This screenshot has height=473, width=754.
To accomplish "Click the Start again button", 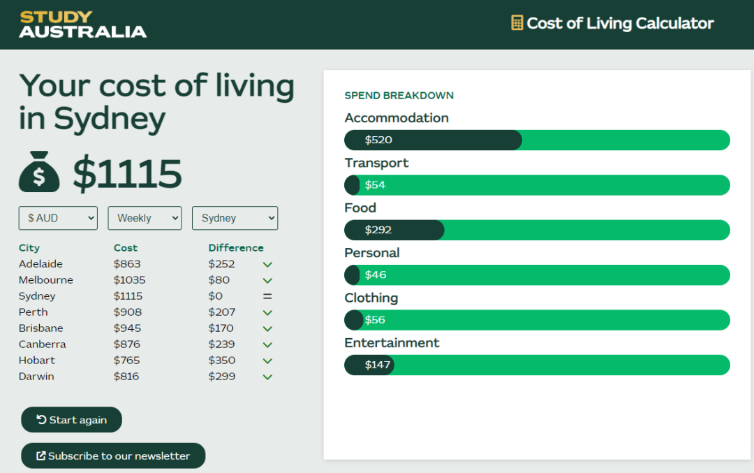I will [x=71, y=420].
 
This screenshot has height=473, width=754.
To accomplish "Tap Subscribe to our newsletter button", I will [x=113, y=456].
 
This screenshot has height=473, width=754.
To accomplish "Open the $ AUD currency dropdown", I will [x=58, y=218].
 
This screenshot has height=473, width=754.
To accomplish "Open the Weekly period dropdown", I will [x=145, y=218].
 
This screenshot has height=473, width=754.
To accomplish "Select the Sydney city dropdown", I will [x=235, y=218].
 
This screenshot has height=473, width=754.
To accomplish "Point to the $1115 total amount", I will [x=127, y=173].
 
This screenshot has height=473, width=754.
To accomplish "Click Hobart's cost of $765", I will [x=127, y=361].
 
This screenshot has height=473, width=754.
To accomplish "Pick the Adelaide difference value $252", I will [x=221, y=264].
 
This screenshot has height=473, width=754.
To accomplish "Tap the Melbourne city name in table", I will [x=46, y=280].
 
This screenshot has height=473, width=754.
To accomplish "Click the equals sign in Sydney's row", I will [x=267, y=296].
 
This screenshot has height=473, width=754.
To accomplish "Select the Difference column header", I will [x=236, y=248].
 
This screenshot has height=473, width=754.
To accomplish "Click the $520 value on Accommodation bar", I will [x=378, y=140].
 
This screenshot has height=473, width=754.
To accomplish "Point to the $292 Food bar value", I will [x=378, y=230].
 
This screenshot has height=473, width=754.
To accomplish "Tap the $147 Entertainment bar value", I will [x=378, y=365].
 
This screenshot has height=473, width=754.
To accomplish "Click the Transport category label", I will [x=376, y=163].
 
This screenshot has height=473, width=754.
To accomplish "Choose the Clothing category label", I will [x=371, y=298].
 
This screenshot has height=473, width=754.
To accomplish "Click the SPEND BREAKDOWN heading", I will [x=399, y=96].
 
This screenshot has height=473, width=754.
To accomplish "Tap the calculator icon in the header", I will [x=517, y=23].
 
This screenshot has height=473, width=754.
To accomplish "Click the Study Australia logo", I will [x=83, y=24].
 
